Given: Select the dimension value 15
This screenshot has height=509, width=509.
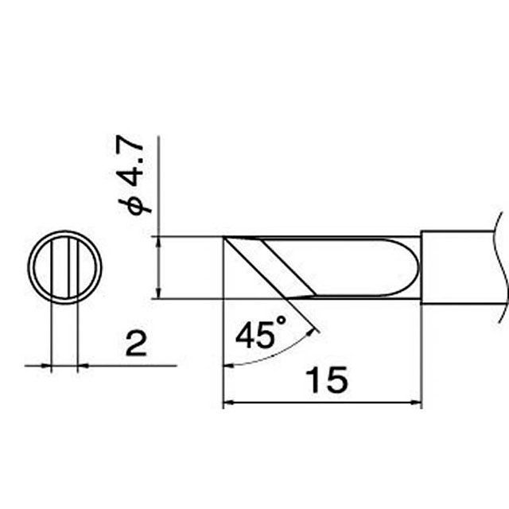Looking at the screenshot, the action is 326,380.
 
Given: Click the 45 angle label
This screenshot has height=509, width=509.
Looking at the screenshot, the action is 253,335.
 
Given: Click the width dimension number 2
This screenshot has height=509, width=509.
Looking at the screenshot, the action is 136,344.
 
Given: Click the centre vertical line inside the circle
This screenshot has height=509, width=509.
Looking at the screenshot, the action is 69,268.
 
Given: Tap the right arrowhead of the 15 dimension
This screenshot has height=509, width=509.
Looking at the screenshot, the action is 416,402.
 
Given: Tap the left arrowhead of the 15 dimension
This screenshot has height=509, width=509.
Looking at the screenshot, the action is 229,402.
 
